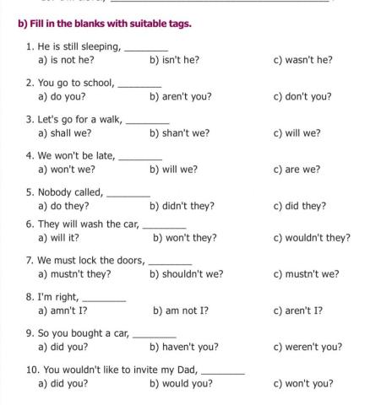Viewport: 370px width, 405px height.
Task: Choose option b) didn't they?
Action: pyautogui.click(x=182, y=206)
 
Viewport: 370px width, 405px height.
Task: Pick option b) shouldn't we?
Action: pyautogui.click(x=186, y=274)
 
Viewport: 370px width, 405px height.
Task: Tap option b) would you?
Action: pyautogui.click(x=181, y=384)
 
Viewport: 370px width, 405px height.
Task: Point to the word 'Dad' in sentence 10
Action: pyautogui.click(x=186, y=370)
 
